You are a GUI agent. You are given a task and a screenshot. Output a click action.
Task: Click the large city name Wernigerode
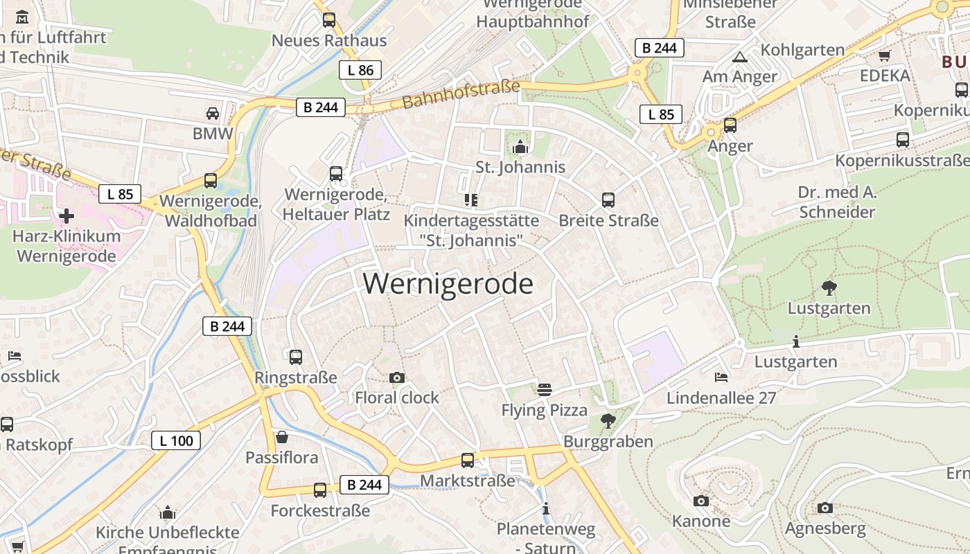coord(448,284)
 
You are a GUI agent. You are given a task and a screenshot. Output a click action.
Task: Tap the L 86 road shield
coord(360,70)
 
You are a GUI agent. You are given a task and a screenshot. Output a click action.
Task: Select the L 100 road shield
coord(176,440)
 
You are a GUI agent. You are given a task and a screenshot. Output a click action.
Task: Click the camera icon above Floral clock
coord(397,377)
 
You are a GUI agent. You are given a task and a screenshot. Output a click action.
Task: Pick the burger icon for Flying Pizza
coord(545,389)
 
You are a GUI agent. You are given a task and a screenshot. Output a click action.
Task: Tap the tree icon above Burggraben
coord(608,420)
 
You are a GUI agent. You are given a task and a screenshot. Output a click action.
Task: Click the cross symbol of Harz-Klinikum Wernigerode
coord(67,215)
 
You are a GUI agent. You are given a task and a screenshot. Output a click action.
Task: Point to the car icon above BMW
coord(213,113)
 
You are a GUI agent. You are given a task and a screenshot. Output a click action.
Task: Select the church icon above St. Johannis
coord(520,147)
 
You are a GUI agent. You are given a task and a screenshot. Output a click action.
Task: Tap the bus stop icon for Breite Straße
coord(608,200)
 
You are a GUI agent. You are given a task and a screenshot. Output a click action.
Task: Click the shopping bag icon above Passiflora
coord(282,437)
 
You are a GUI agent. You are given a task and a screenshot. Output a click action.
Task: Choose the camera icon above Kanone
coord(701,501)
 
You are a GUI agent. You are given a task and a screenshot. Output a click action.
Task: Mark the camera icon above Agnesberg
coord(824,508)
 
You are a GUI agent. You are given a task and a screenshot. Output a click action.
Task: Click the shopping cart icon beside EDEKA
coord(884,56)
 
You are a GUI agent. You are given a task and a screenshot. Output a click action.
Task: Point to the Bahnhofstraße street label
coord(461,95)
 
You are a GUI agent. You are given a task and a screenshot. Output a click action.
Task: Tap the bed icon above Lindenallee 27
coord(721,377)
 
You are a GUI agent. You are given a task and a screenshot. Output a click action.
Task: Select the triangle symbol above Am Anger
coord(740,57)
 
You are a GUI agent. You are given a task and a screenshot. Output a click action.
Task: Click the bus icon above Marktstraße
coord(468,460)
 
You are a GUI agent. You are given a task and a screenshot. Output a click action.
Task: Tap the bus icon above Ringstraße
coord(296,357)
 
